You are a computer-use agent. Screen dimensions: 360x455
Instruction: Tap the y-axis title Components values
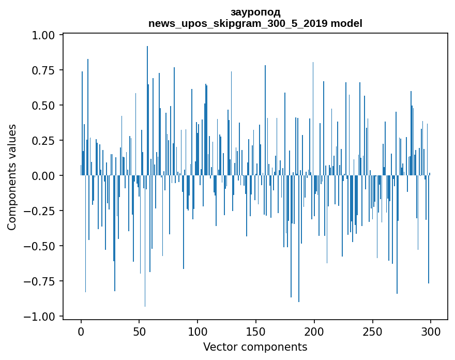point(12,177)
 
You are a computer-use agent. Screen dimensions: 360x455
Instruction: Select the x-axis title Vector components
point(255,347)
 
